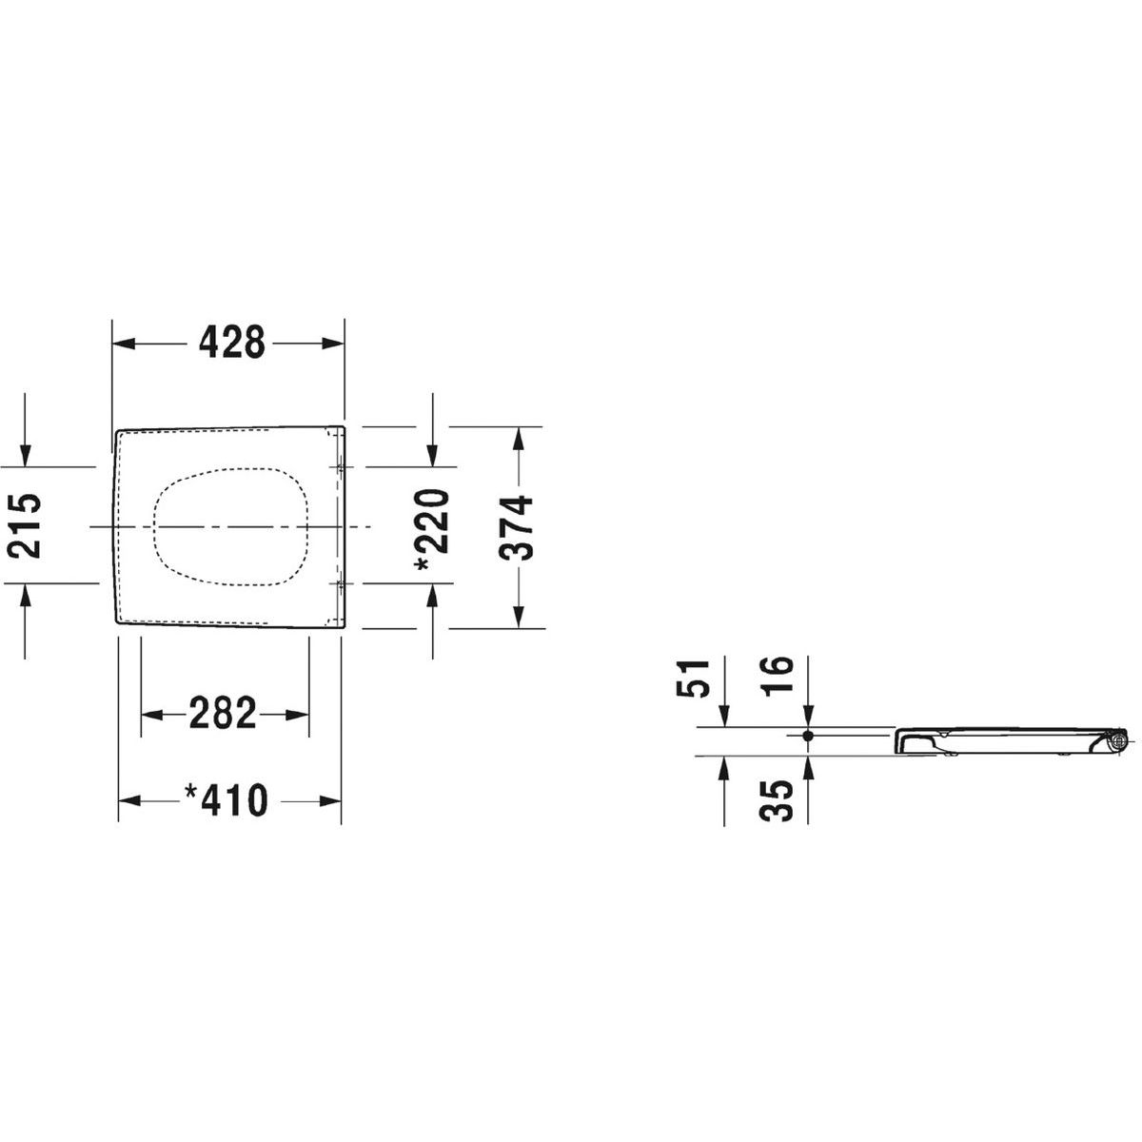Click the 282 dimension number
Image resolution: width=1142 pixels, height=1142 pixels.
223,714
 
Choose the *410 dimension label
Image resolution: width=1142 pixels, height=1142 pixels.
226,800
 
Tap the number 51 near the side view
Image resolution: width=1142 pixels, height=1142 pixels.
693,679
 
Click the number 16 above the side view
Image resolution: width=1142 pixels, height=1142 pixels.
776,675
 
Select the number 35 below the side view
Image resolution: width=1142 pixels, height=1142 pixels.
776,800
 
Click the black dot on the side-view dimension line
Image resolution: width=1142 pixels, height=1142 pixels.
808,736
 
